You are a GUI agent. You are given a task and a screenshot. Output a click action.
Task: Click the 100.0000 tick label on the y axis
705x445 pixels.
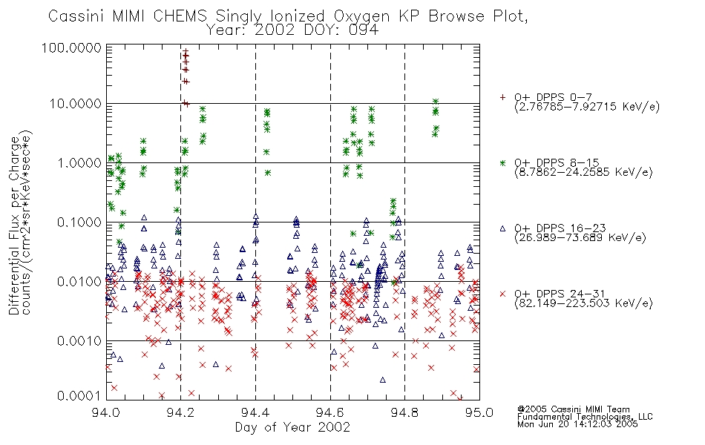pyautogui.click(x=71, y=47)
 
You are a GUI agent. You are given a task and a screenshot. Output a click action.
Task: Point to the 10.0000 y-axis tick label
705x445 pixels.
pyautogui.click(x=75, y=104)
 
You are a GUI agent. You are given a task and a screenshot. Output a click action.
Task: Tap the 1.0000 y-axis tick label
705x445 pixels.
pyautogui.click(x=79, y=162)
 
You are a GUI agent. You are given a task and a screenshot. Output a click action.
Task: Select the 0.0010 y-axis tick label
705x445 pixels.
pyautogui.click(x=79, y=340)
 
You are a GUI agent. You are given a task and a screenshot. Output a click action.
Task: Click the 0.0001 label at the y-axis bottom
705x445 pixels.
pyautogui.click(x=79, y=395)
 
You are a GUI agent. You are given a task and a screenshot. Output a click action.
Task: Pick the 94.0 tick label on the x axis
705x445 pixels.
pyautogui.click(x=106, y=412)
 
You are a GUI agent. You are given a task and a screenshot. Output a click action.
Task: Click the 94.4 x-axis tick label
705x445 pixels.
pyautogui.click(x=255, y=412)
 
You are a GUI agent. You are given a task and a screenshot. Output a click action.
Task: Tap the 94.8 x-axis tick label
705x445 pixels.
pyautogui.click(x=404, y=412)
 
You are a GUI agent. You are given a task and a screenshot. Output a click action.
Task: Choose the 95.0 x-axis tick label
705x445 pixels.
pyautogui.click(x=479, y=412)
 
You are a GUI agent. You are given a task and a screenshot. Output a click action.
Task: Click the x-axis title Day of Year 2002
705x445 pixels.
pyautogui.click(x=292, y=427)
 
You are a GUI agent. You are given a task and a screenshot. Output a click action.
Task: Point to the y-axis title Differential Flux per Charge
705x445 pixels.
pyautogui.click(x=14, y=225)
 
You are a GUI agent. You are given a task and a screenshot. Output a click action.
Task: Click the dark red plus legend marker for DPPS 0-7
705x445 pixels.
pyautogui.click(x=502, y=97)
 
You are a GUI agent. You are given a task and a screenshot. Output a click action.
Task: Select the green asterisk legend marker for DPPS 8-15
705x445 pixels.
pyautogui.click(x=502, y=162)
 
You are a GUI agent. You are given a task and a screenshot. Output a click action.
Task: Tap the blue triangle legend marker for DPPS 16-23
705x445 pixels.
pyautogui.click(x=502, y=228)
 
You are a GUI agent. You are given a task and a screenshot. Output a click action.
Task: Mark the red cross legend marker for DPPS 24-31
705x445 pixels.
pyautogui.click(x=502, y=294)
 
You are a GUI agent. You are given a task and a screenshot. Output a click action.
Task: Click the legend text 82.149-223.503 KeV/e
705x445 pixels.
pyautogui.click(x=583, y=303)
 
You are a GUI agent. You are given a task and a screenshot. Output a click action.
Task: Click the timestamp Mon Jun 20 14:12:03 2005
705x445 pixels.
pyautogui.click(x=577, y=424)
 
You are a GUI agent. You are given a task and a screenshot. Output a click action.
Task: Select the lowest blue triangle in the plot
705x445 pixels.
pyautogui.click(x=383, y=380)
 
